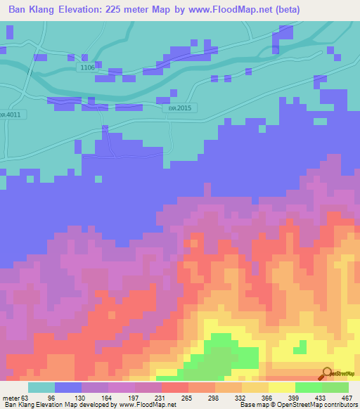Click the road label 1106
[87, 67]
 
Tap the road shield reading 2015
[185, 108]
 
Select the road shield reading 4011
[11, 113]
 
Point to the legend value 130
[94, 397]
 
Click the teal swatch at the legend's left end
[41, 387]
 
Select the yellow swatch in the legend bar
[281, 387]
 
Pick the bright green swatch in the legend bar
[308, 387]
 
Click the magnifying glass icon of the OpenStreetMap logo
[326, 372]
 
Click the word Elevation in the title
[88, 10]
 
